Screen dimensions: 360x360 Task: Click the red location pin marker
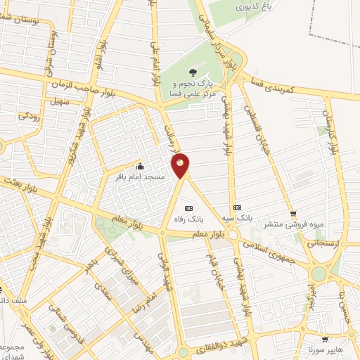pos(181,165)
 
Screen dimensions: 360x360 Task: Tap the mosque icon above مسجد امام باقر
pos(140,167)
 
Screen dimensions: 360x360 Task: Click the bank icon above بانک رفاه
pos(188,208)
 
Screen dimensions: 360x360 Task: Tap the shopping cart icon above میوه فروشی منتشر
pos(293,214)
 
